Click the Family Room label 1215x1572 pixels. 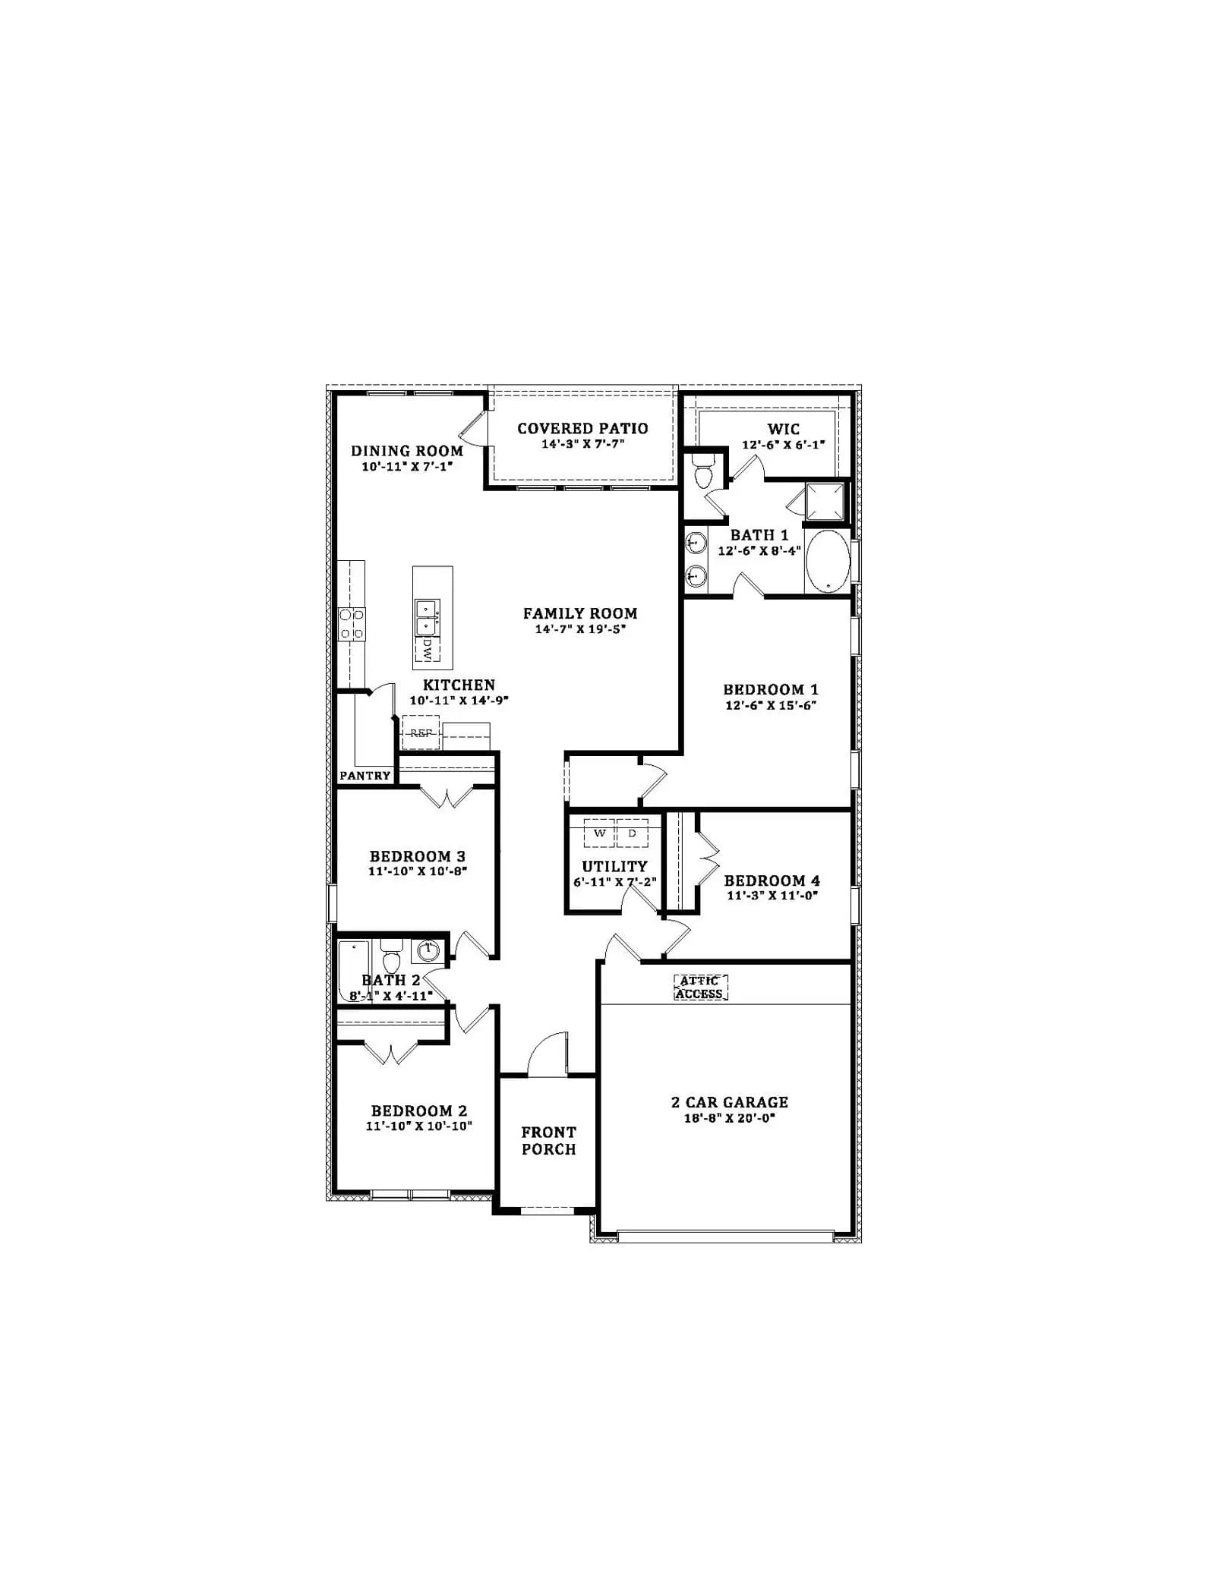tap(580, 613)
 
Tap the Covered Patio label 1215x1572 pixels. tap(582, 428)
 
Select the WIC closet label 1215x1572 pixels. tap(783, 429)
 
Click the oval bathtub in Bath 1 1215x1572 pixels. tap(828, 561)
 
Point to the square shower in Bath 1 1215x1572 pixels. tap(825, 501)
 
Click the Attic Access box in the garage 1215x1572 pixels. tap(700, 988)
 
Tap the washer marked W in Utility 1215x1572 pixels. tap(599, 833)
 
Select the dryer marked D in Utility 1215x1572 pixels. tap(633, 833)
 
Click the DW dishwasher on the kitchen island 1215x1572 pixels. tap(428, 648)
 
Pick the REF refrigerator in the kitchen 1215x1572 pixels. tap(421, 732)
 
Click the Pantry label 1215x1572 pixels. tap(365, 776)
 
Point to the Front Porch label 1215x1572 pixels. tap(548, 1140)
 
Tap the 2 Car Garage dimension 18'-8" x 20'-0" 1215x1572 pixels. tap(729, 1118)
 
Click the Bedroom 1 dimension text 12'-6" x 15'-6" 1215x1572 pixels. tap(771, 705)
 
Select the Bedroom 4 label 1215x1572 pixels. tap(772, 881)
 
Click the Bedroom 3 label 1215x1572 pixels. tap(418, 856)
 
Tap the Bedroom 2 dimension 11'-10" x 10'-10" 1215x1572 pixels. tap(418, 1126)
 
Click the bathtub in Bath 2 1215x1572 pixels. tap(354, 972)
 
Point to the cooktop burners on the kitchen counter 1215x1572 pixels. tap(352, 624)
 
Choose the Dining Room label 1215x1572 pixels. tap(407, 451)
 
